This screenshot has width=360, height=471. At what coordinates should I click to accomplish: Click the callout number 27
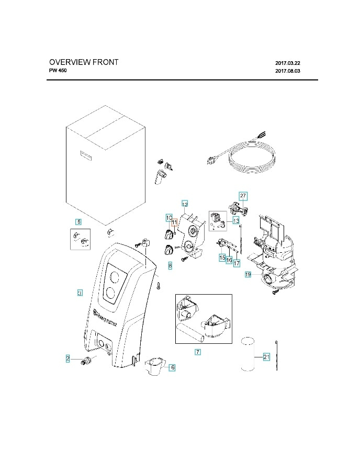(x=243, y=195)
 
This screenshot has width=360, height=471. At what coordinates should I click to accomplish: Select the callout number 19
(x=248, y=274)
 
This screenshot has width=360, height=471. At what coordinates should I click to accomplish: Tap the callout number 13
(x=236, y=220)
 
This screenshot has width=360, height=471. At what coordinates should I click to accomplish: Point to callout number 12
(x=185, y=203)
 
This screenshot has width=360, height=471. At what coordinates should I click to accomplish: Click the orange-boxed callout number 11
(x=174, y=223)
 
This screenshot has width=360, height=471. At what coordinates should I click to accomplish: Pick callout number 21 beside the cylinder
(x=266, y=357)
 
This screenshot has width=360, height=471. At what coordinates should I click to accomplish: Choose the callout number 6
(x=173, y=367)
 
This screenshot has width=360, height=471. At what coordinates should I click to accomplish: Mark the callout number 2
(x=67, y=358)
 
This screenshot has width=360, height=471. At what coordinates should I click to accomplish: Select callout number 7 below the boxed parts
(x=198, y=352)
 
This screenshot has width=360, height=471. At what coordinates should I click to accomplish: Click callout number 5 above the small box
(x=78, y=221)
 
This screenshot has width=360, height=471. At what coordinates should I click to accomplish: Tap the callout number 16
(x=229, y=260)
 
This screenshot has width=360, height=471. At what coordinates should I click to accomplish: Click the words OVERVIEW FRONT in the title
(x=84, y=62)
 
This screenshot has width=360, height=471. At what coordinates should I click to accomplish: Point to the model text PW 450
(x=58, y=71)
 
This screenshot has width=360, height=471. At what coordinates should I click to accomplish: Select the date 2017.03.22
(x=288, y=63)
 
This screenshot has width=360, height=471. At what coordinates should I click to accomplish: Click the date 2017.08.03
(x=288, y=71)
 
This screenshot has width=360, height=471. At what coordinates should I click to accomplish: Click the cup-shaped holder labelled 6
(x=155, y=364)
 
